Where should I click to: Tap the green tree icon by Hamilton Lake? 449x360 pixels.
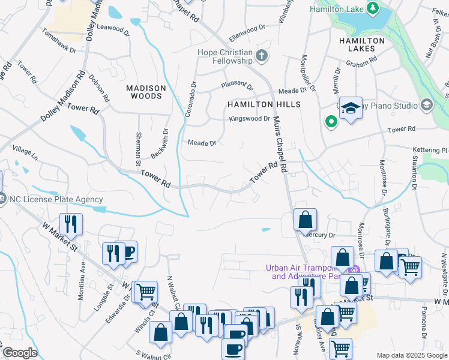pos(373,8)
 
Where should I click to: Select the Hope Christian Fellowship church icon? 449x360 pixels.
pos(261,56)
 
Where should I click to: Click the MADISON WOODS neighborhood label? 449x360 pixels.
pos(144,92)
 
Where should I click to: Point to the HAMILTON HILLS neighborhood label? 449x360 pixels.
pos(263,104)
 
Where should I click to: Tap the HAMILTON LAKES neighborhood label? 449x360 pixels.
pos(361,45)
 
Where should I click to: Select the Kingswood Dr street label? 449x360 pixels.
pos(250,119)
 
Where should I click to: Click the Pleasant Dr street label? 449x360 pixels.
pos(237,86)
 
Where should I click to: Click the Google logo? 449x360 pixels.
pos(19,353)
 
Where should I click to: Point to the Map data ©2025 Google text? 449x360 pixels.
pos(412,355)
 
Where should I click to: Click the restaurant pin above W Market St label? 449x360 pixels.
pos(71,224)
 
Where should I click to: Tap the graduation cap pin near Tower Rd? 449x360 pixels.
pos(351,109)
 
